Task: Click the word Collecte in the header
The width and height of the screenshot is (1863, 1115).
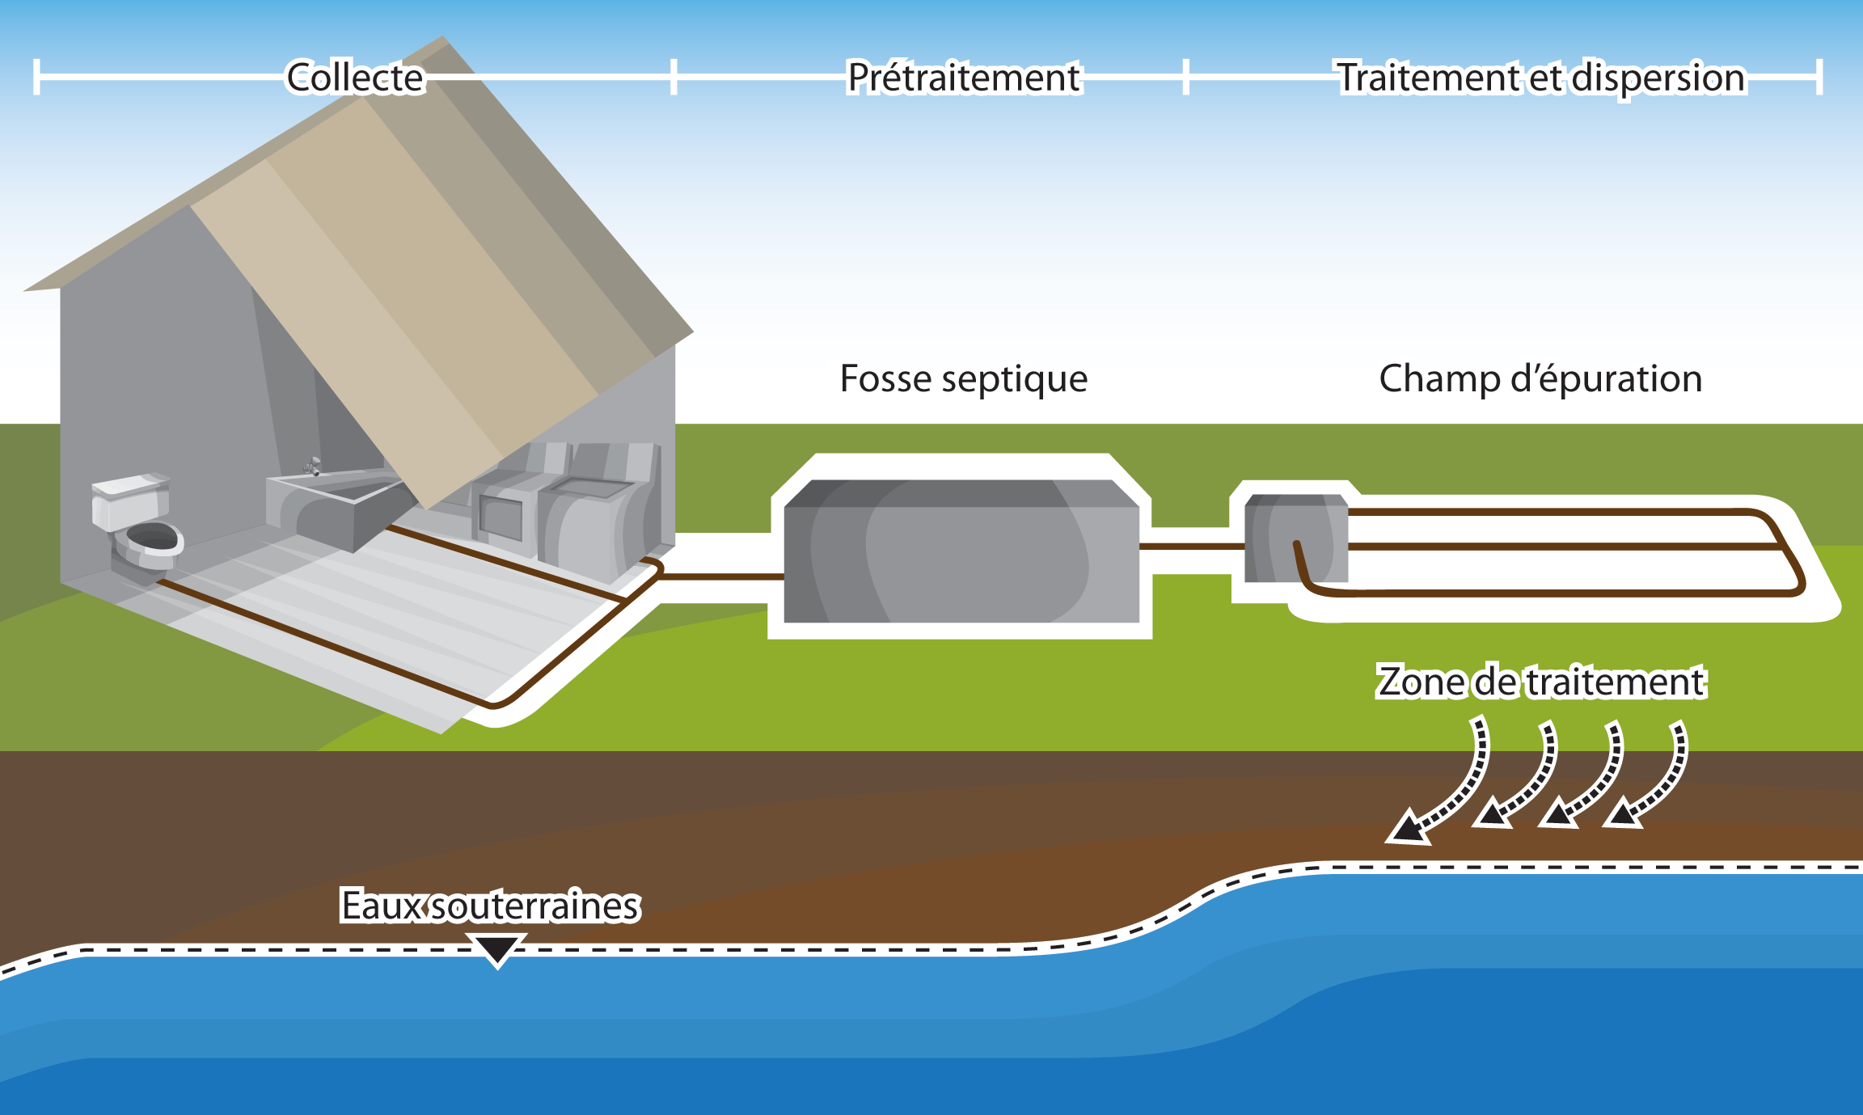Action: tap(355, 78)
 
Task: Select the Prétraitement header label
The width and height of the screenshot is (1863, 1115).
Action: tap(964, 78)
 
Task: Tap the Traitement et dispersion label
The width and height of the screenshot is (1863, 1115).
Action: tap(1541, 78)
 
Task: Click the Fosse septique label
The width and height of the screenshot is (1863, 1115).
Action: tap(964, 378)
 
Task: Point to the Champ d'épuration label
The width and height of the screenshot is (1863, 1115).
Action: tap(1540, 378)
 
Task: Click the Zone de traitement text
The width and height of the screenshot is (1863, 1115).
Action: tap(1541, 682)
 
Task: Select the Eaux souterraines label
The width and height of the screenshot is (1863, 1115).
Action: tap(490, 906)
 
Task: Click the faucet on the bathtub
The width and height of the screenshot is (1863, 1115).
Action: tap(313, 466)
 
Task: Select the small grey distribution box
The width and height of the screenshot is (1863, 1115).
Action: tap(1295, 538)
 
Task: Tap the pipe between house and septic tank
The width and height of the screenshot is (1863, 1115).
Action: tap(720, 577)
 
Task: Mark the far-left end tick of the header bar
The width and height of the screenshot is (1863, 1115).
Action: tap(36, 77)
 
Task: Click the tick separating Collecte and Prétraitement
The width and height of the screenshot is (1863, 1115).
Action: tap(674, 77)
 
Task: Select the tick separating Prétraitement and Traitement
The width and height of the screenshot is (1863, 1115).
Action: tap(1185, 77)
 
